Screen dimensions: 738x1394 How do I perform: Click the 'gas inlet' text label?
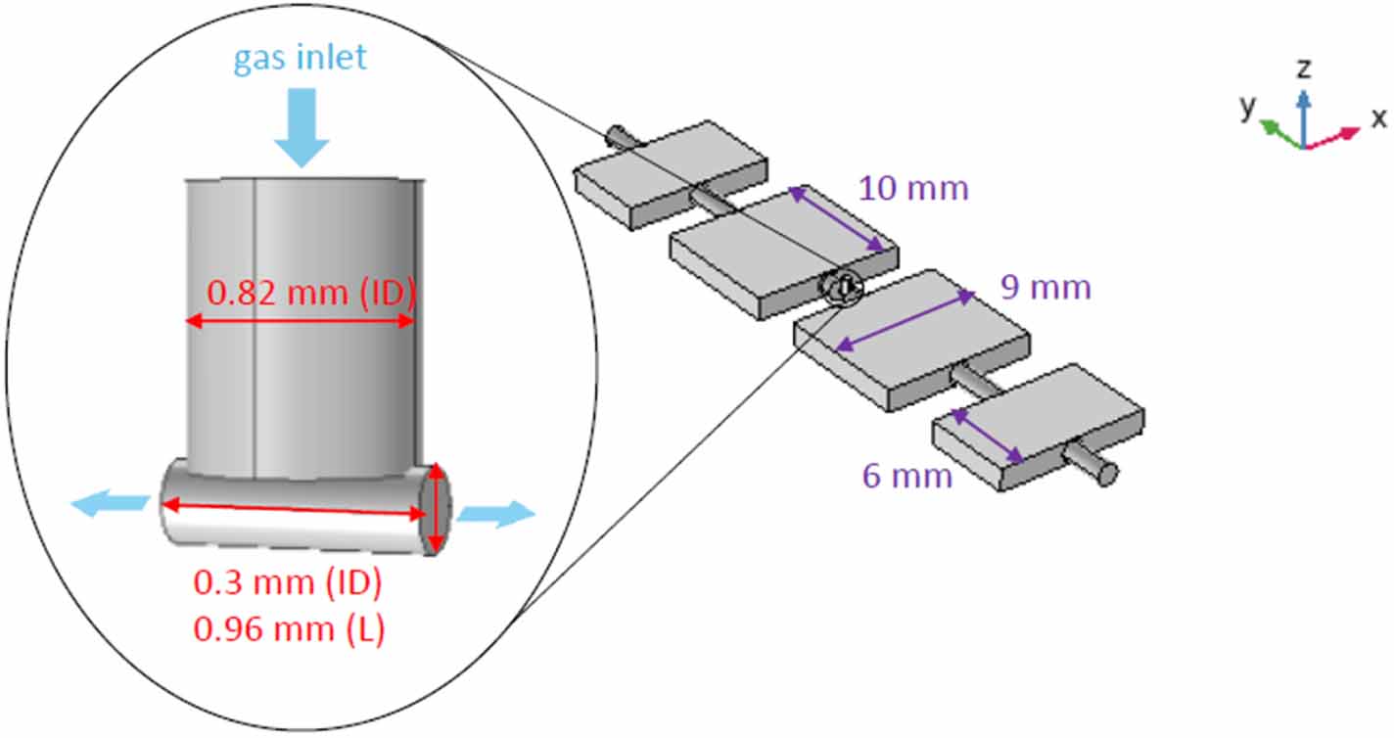[300, 57]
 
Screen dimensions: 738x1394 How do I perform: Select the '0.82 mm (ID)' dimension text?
[312, 292]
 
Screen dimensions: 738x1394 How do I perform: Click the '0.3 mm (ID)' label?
[288, 583]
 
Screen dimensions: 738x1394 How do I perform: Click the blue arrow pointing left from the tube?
[109, 503]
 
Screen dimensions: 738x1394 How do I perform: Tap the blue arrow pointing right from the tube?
[497, 514]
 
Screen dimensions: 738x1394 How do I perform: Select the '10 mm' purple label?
[913, 187]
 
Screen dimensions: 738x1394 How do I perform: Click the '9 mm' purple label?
[1045, 288]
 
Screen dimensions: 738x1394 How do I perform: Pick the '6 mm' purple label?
[906, 477]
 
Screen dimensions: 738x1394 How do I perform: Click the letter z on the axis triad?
[1303, 69]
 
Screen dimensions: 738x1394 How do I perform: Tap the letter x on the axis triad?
[1378, 118]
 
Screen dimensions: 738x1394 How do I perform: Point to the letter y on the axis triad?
[1247, 108]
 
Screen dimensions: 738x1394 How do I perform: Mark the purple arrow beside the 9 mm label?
[906, 320]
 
